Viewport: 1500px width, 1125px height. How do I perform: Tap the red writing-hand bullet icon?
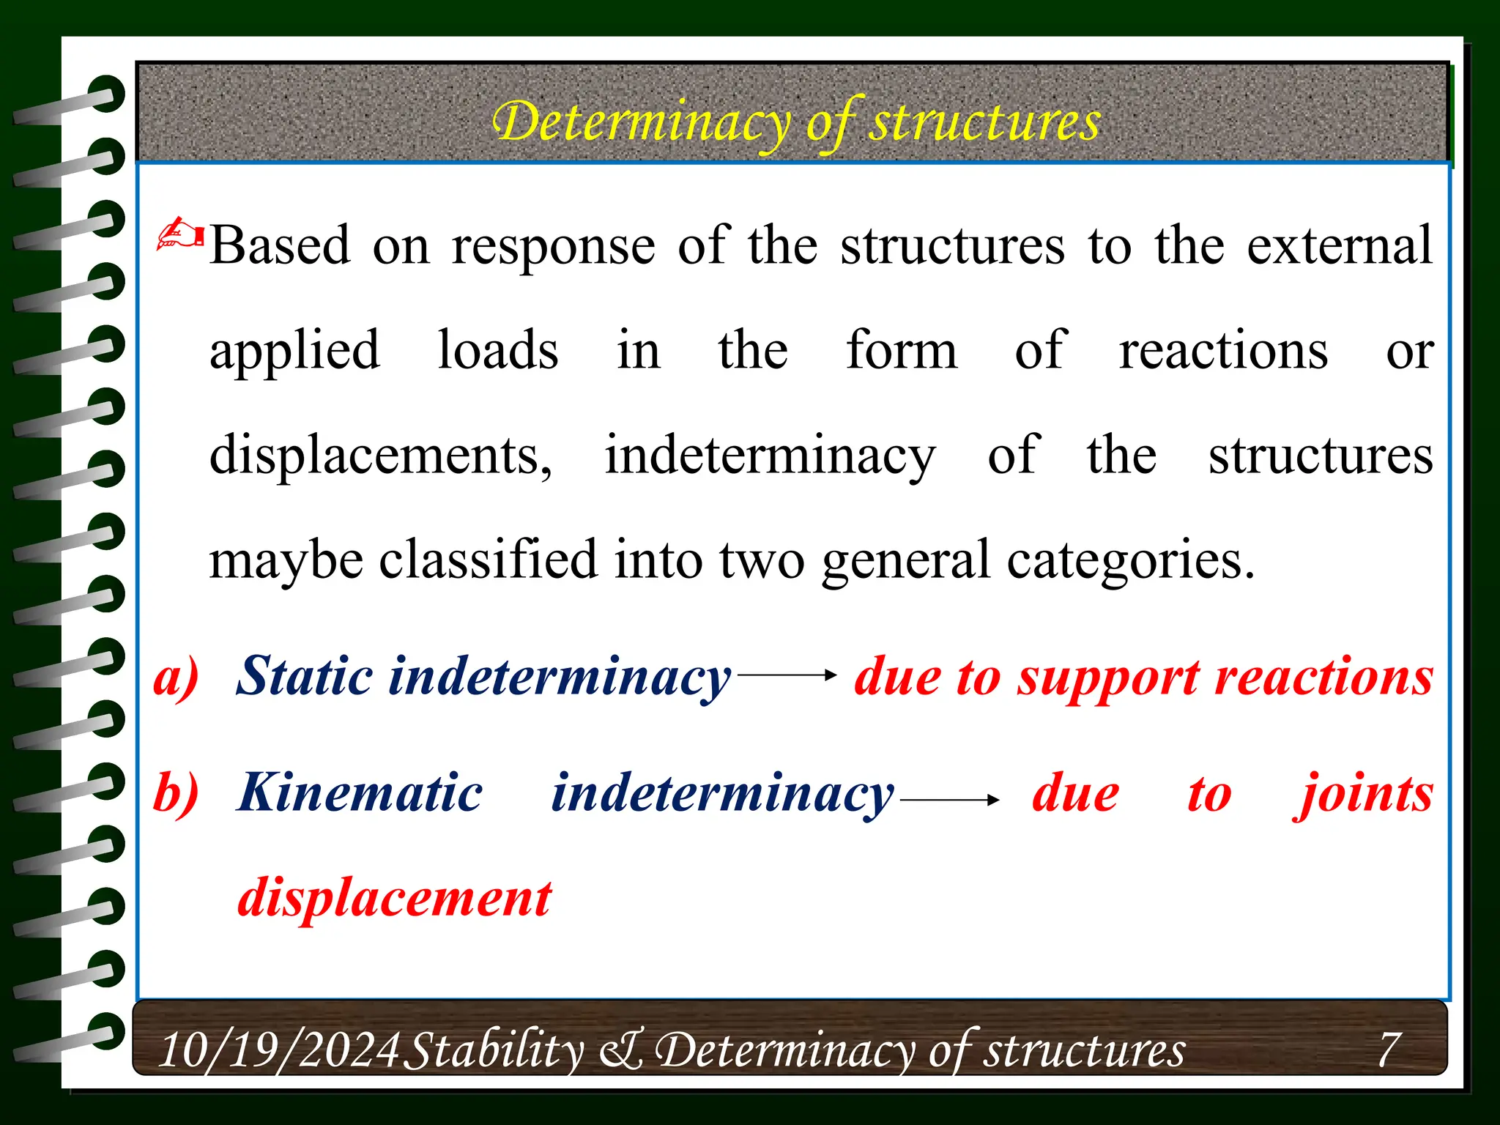(x=180, y=234)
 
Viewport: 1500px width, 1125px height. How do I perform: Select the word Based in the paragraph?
(x=280, y=245)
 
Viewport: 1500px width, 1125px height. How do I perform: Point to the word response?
(x=553, y=247)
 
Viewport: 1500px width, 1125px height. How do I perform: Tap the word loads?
(x=498, y=350)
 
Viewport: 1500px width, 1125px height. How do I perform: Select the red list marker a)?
(x=176, y=676)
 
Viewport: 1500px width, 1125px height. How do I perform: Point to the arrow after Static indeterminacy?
(x=787, y=675)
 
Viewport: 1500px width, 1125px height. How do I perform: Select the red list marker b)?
(x=176, y=792)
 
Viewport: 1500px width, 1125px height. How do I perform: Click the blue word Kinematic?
(x=360, y=793)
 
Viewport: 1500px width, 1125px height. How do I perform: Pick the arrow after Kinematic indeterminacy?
(x=949, y=800)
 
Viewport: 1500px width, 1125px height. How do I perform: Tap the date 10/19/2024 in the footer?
(x=279, y=1050)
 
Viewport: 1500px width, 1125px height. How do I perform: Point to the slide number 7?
(x=1389, y=1049)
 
